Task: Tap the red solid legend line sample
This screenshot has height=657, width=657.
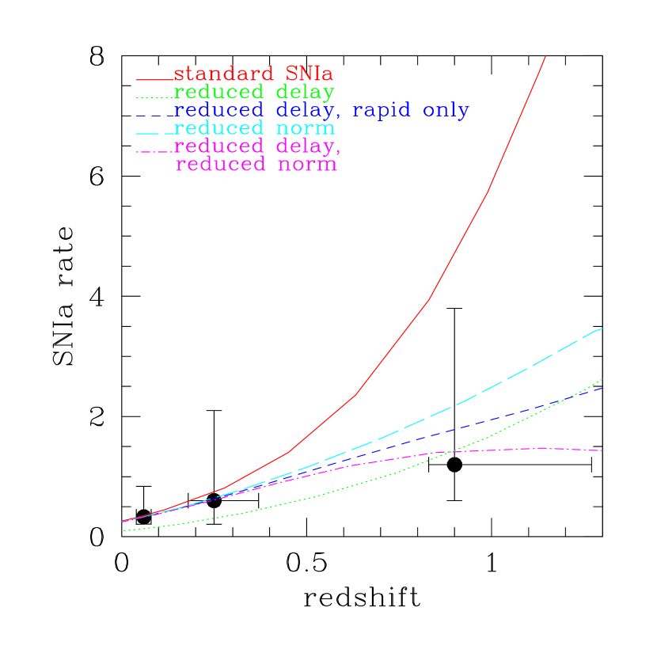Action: (154, 79)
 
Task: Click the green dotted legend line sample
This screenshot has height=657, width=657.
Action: (154, 97)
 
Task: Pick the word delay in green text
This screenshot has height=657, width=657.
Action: (304, 92)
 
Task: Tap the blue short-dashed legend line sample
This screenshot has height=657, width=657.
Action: (154, 116)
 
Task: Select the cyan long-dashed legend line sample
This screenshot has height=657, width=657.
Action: (154, 131)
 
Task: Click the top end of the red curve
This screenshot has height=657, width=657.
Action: (545, 57)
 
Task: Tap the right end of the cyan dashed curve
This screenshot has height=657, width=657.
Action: (602, 328)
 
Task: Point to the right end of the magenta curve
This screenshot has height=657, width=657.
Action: (602, 450)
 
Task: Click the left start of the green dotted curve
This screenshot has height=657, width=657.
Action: (123, 530)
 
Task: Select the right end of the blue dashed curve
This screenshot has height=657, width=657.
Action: (602, 388)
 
